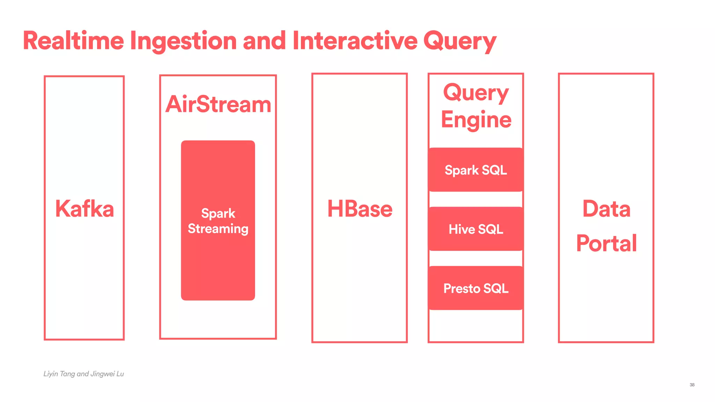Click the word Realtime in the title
tap(73, 41)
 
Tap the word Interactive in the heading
tap(355, 41)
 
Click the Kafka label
tap(84, 209)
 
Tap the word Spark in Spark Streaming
tap(218, 213)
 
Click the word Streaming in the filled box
tap(218, 229)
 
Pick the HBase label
tap(360, 209)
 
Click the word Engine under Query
tap(476, 120)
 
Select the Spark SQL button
tap(476, 170)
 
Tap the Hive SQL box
tap(476, 229)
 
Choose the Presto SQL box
tap(476, 288)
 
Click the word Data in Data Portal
tap(606, 209)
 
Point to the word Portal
tap(606, 243)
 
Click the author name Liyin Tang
tap(59, 374)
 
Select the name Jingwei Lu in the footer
tap(107, 374)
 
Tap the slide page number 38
tap(692, 385)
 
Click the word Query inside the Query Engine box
tap(476, 93)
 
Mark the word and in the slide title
tap(264, 41)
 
